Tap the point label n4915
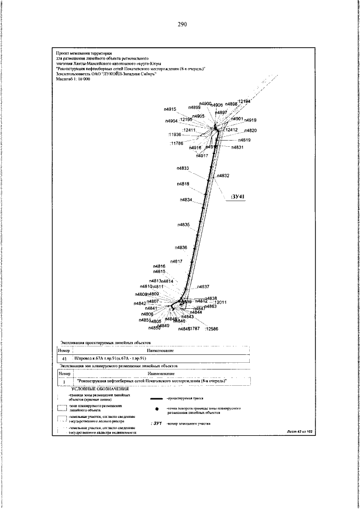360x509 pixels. [x=170, y=93]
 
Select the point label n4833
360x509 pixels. [x=182, y=168]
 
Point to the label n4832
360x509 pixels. [x=223, y=176]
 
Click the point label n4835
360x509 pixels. [x=183, y=224]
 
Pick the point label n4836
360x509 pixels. [x=181, y=247]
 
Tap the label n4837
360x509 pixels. [x=203, y=286]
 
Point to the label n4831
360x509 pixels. [x=237, y=147]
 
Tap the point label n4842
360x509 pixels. [x=140, y=303]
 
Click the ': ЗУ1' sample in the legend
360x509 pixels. [x=157, y=422]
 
